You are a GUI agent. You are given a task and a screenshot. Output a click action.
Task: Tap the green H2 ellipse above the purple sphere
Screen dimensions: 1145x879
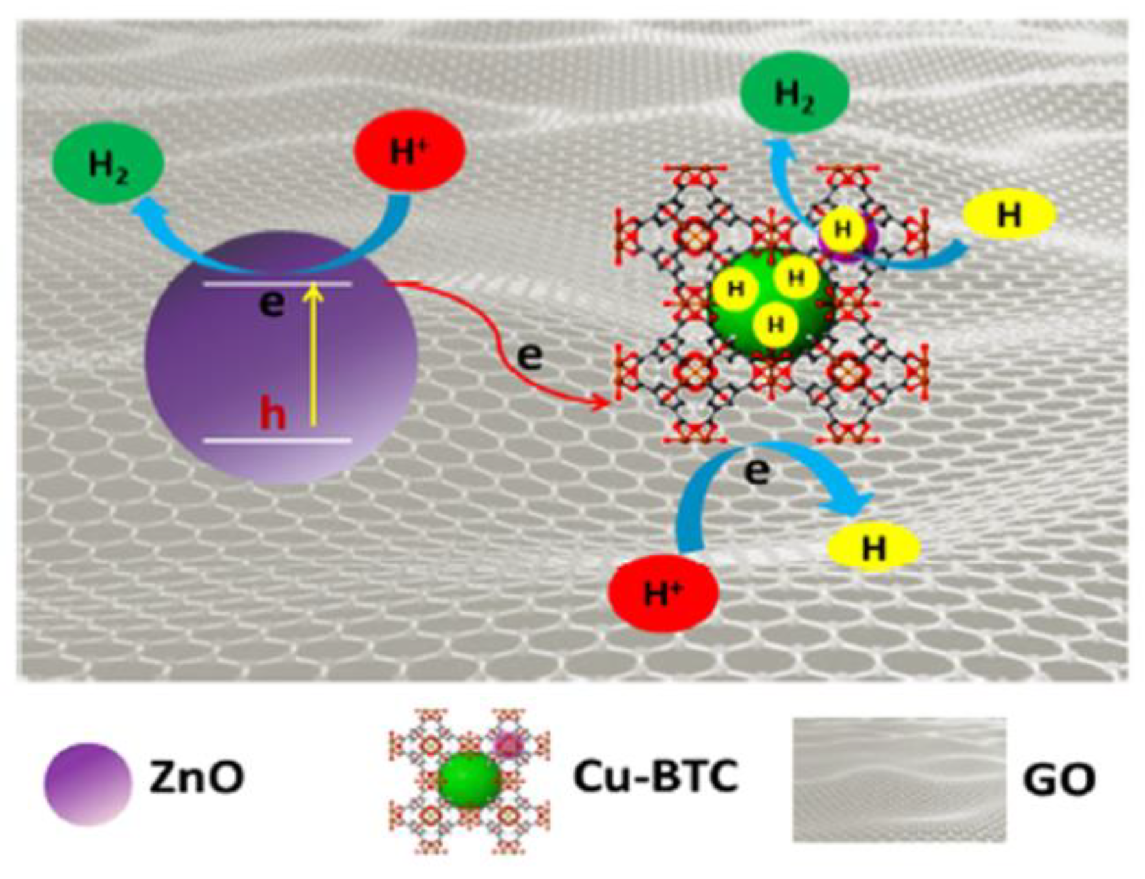[108, 163]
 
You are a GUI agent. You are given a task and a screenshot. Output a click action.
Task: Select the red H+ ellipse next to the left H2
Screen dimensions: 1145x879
[410, 150]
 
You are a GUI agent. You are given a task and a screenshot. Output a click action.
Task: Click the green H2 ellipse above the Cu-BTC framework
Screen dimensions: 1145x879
[794, 92]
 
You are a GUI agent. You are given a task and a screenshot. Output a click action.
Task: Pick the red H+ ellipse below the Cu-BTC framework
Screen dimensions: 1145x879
[663, 592]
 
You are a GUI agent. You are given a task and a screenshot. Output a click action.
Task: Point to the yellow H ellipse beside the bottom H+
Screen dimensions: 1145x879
[874, 547]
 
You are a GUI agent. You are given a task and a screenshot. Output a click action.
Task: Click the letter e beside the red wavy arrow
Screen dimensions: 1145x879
[529, 355]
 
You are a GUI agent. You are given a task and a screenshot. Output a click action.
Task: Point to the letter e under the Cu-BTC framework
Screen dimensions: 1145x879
[757, 471]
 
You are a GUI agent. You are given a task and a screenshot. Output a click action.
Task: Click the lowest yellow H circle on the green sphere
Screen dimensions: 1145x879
[775, 324]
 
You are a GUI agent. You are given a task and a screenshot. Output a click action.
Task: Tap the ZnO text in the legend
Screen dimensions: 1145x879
[197, 777]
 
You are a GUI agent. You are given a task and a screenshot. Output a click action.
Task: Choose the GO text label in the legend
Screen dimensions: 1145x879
[1059, 779]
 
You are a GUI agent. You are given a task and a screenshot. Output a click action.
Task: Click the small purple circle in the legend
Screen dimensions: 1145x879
[88, 783]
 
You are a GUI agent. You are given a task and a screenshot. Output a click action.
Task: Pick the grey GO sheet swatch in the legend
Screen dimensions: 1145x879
[899, 779]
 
